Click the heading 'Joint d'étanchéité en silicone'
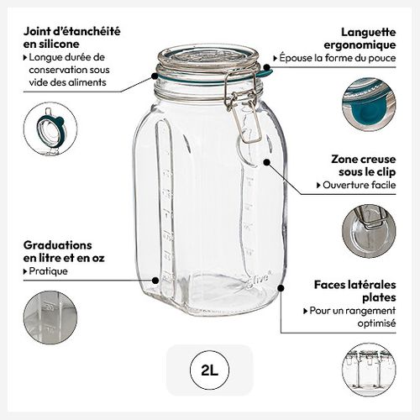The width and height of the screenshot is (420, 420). [x=71, y=36]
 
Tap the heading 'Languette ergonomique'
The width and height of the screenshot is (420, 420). [x=360, y=36]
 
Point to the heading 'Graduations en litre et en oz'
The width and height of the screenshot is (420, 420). [x=63, y=250]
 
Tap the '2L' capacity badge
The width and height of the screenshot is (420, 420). [x=209, y=369]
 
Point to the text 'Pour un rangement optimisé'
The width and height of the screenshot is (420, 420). [x=351, y=317]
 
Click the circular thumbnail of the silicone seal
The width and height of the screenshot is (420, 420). [x=50, y=129]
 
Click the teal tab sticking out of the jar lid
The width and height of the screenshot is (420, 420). [x=263, y=74]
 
